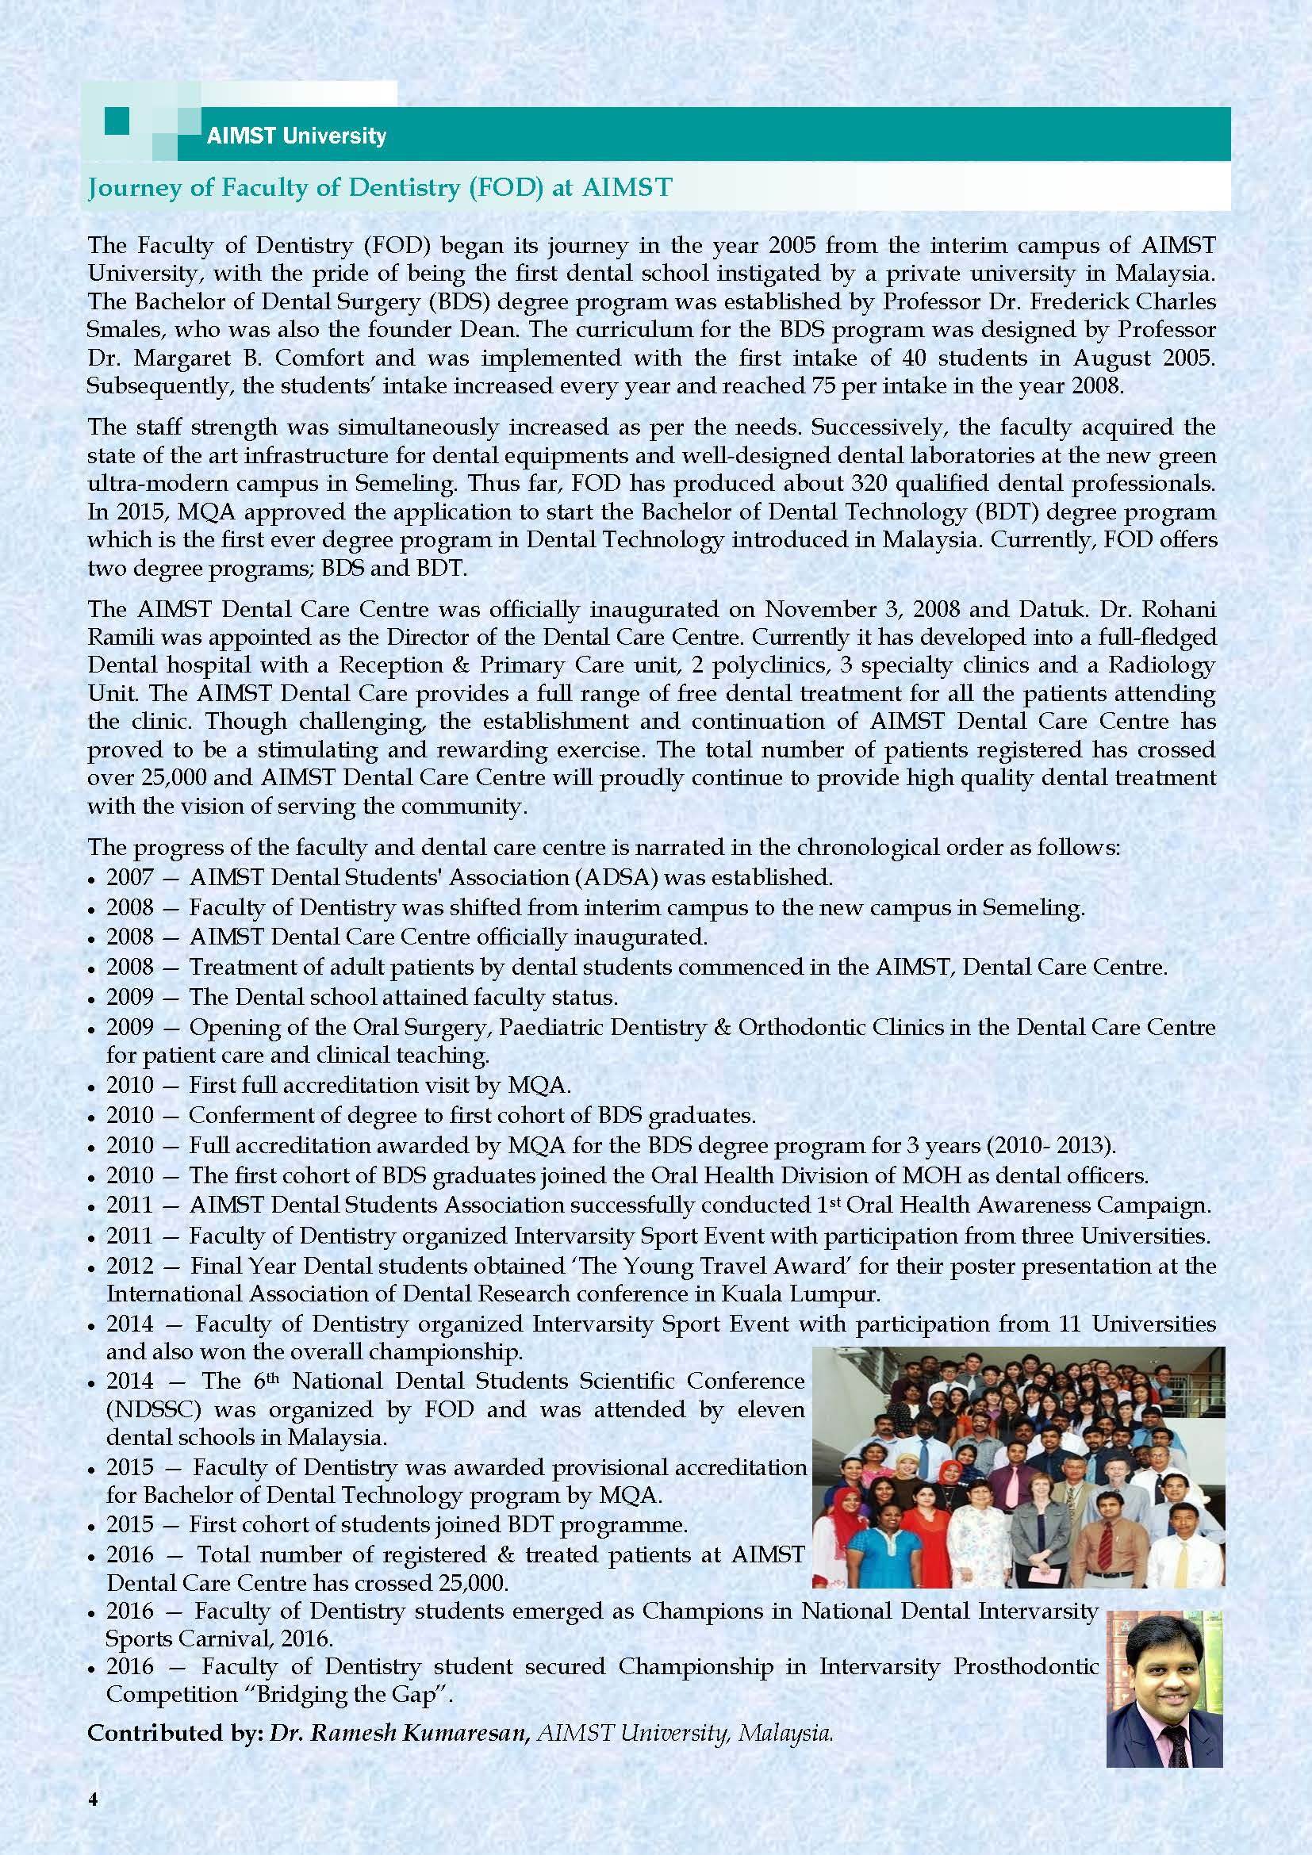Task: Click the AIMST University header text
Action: [296, 135]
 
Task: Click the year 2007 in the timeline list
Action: [130, 876]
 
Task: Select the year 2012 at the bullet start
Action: [130, 1266]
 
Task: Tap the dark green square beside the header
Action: [117, 122]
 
